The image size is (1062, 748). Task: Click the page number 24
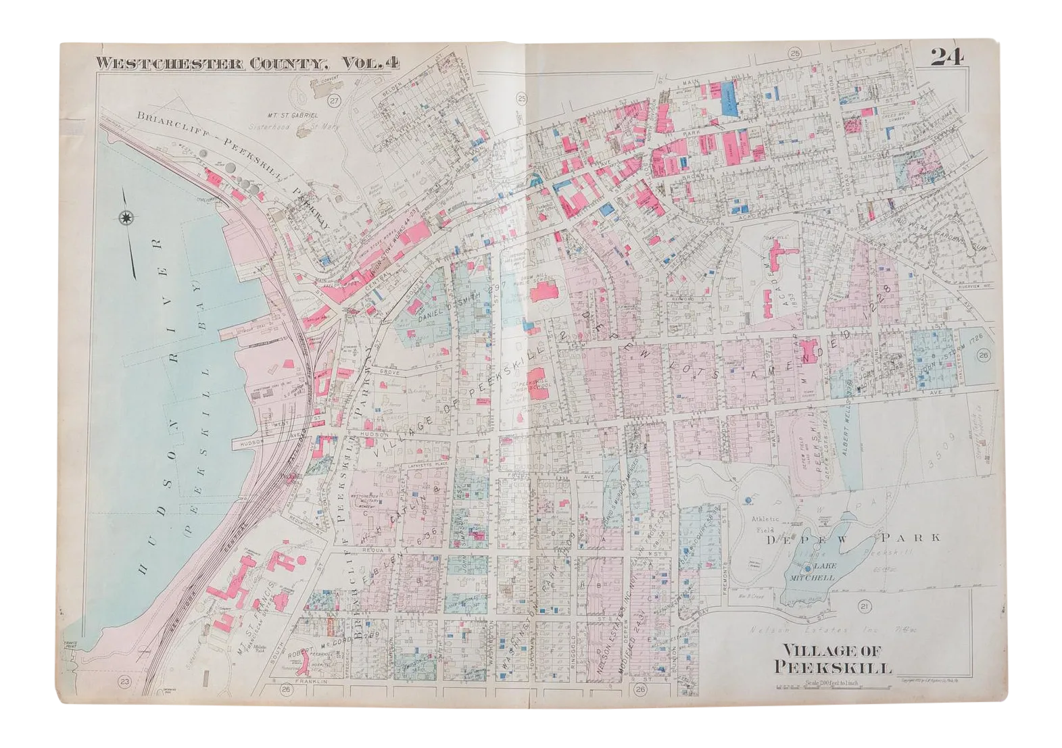pyautogui.click(x=947, y=57)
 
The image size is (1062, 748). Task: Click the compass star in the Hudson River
pyautogui.click(x=125, y=218)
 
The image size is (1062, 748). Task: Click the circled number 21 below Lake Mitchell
pyautogui.click(x=865, y=607)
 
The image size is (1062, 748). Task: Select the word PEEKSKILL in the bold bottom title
pyautogui.click(x=835, y=668)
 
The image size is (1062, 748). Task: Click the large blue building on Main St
pyautogui.click(x=728, y=97)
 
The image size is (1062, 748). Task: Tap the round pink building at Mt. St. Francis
pyautogui.click(x=279, y=559)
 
